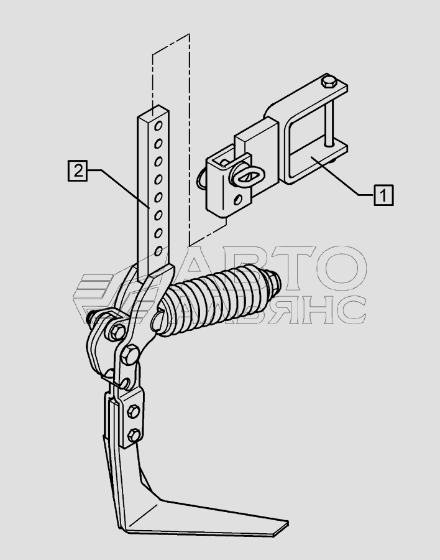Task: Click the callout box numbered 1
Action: coord(383,195)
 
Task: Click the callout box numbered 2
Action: coord(78,170)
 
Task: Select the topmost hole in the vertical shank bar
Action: coord(158,125)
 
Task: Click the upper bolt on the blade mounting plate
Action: coord(134,411)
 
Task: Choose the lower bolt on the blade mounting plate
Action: coord(134,435)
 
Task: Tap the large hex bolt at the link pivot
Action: coord(131,355)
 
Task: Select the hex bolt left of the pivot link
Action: coord(116,332)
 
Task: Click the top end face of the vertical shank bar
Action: coord(154,111)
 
